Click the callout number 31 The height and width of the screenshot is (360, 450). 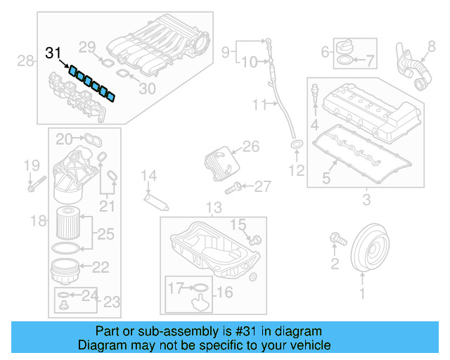coord(53,53)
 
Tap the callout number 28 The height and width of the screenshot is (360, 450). coord(26,61)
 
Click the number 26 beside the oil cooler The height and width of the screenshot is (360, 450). coord(251,147)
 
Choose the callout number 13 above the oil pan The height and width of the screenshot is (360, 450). coord(213,207)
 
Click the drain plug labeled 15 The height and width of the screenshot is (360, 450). coord(255,239)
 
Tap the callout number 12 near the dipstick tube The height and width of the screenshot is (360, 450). coord(297,170)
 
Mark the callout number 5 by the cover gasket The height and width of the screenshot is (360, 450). coord(326,178)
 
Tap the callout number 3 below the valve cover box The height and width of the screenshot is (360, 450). coord(366,201)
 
